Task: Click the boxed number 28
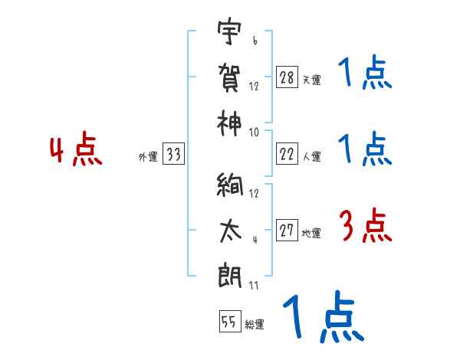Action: point(287,77)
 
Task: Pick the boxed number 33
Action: point(173,155)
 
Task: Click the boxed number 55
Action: point(229,322)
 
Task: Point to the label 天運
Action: point(311,80)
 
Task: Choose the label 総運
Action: point(254,324)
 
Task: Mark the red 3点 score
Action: point(365,226)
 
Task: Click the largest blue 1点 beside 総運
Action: point(320,319)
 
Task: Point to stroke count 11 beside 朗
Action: point(254,285)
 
